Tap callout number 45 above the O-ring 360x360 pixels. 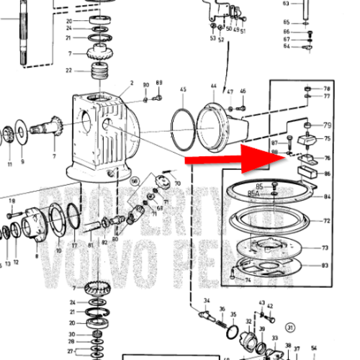(183, 91)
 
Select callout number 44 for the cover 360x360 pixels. (213, 86)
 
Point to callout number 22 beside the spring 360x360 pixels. (68, 70)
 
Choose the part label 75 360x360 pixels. (327, 139)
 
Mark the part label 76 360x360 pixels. (327, 158)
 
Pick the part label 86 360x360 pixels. (327, 174)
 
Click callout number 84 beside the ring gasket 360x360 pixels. (327, 197)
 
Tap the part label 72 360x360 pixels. (327, 221)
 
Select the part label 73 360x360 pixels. (325, 248)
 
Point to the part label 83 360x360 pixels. (325, 266)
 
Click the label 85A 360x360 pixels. (253, 193)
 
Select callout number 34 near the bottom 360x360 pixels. (207, 300)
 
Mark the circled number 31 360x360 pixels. (290, 326)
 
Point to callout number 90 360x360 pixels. (145, 85)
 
